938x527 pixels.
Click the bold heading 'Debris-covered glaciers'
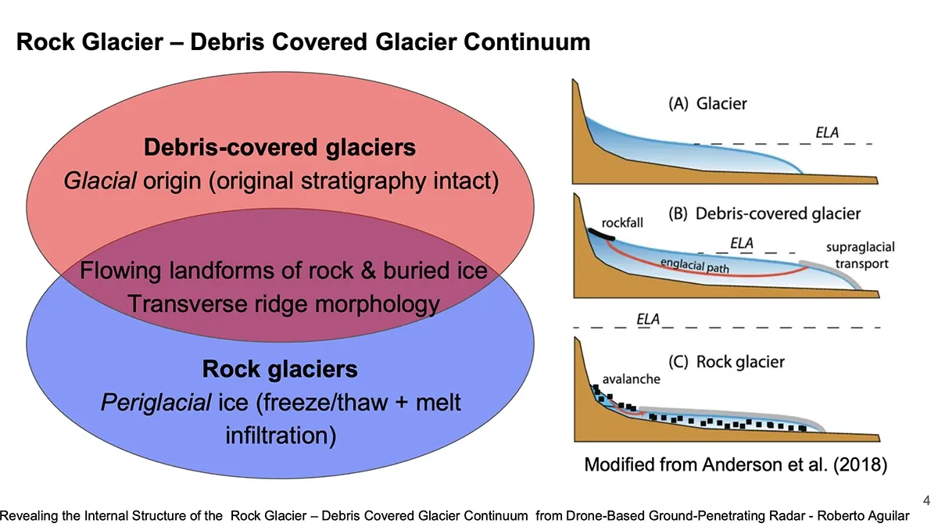tap(280, 147)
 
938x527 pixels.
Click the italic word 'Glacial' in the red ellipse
tap(95, 181)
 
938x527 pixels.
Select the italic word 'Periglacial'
tap(156, 403)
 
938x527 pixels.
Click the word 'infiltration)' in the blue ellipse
tap(281, 435)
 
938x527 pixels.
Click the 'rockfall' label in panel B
tap(622, 223)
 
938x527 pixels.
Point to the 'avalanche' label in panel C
tap(631, 379)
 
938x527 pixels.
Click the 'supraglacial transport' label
tap(860, 256)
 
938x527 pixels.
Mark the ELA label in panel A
tap(827, 133)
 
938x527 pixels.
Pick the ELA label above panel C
tap(646, 319)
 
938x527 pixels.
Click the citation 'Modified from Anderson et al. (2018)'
tap(736, 465)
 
